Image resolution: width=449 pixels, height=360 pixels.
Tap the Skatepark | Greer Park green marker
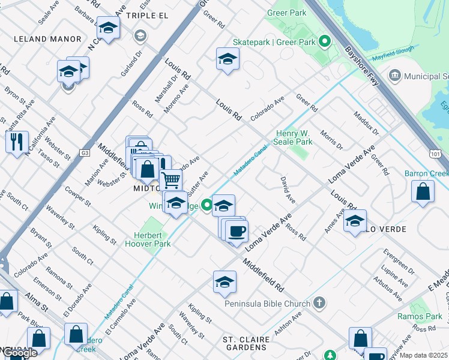coord(325,42)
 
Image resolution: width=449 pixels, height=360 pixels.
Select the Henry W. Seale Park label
coord(294,138)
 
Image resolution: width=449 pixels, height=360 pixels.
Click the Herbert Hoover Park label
coord(148,239)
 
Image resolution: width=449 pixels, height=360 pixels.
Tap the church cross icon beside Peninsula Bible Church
coord(320,302)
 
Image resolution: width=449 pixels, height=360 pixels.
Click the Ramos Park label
coord(420,316)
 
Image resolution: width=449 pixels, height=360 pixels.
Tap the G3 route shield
coord(85,153)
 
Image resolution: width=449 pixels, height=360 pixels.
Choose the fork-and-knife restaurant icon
coord(17,141)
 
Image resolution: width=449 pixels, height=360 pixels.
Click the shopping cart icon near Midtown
coord(171,178)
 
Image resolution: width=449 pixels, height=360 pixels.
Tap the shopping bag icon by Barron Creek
coord(423,191)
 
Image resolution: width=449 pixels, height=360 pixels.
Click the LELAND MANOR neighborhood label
coord(47,39)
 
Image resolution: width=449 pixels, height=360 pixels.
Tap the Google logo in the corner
coord(20,353)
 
